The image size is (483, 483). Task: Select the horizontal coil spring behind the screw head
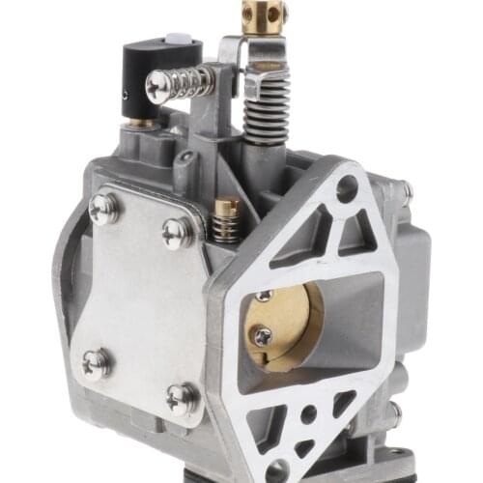click(x=193, y=81)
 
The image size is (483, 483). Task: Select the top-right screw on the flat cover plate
click(x=176, y=233)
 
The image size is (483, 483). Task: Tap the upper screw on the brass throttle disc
click(x=264, y=296)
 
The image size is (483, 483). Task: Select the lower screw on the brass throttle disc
click(x=262, y=336)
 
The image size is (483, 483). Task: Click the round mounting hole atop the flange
click(x=347, y=189)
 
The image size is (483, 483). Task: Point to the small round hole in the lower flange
click(x=307, y=416)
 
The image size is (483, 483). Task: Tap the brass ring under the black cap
click(x=143, y=123)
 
